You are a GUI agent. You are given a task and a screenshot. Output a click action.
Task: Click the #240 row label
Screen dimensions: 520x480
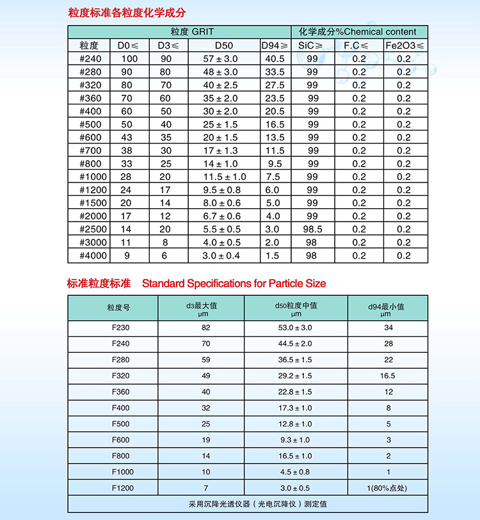(x=89, y=59)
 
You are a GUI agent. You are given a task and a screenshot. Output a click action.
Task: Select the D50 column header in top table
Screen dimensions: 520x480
(x=225, y=45)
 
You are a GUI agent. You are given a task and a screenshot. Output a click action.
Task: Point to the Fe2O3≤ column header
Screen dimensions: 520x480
(x=404, y=45)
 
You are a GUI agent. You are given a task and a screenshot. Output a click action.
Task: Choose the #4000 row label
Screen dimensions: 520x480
(x=89, y=256)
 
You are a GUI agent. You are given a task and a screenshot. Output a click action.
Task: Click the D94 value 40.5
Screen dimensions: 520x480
(x=275, y=59)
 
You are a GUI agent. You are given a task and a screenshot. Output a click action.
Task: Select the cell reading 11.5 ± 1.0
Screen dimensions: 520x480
(x=224, y=177)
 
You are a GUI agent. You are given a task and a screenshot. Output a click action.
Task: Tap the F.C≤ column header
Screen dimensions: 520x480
(x=356, y=45)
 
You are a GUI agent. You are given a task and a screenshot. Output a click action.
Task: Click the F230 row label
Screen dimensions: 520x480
(x=120, y=328)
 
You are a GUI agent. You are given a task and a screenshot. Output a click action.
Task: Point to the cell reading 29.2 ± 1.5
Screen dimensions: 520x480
(x=296, y=376)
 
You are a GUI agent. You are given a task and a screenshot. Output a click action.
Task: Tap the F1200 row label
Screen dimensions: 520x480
(x=120, y=488)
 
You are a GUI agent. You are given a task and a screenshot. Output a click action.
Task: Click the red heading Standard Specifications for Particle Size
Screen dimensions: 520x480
(x=234, y=283)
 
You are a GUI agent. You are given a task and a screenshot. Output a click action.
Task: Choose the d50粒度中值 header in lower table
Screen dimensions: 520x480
(x=296, y=309)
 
